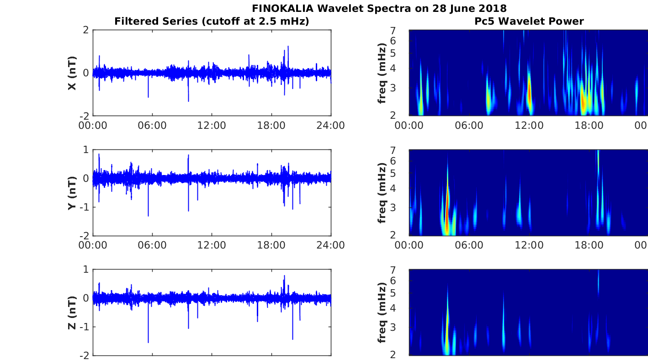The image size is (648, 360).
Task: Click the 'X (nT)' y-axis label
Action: point(72,73)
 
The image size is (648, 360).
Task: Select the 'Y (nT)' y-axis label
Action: point(72,192)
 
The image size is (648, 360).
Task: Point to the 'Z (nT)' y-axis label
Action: point(72,312)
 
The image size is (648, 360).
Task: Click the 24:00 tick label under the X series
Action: point(330,125)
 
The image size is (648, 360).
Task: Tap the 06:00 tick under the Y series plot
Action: point(152,245)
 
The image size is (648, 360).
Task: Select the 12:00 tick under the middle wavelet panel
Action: point(529,245)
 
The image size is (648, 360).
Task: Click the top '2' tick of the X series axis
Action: point(85,30)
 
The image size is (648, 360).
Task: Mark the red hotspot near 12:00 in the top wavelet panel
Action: point(529,94)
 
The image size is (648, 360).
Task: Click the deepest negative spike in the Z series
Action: point(148,342)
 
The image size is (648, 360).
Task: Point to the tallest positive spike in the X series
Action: point(288,47)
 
